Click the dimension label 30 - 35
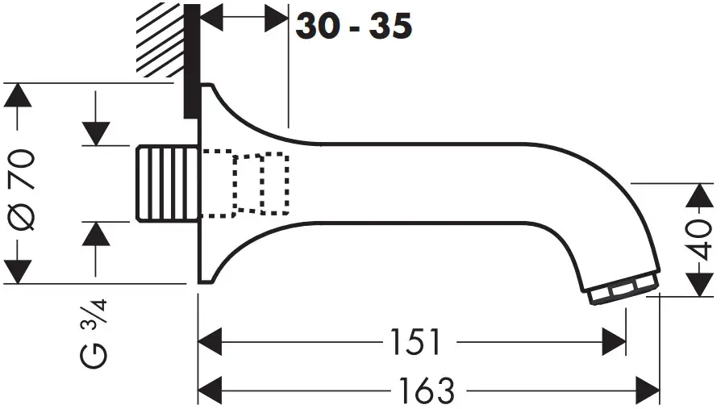(354, 27)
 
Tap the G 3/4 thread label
(93, 332)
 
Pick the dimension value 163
(428, 390)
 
